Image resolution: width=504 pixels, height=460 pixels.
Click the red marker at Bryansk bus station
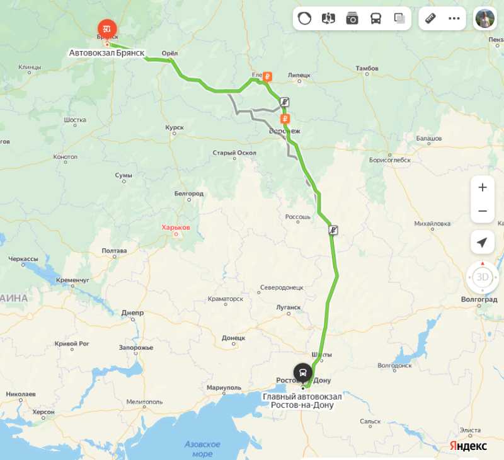click(107, 28)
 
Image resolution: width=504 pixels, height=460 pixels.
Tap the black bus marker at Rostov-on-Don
click(303, 372)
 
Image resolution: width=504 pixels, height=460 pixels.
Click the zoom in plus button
click(483, 187)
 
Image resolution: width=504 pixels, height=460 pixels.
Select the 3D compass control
click(482, 277)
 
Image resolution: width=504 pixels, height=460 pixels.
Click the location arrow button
click(483, 243)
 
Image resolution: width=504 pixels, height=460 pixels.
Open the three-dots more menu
click(454, 18)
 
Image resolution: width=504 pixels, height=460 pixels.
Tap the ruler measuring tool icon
click(431, 18)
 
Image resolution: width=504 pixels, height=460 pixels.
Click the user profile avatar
click(485, 18)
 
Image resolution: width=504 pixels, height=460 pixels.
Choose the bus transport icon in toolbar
click(375, 18)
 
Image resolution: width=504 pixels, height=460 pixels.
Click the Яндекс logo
click(468, 446)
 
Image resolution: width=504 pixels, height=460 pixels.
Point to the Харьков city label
click(176, 227)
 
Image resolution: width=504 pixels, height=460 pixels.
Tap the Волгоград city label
click(479, 299)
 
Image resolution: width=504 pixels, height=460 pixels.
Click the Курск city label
click(175, 128)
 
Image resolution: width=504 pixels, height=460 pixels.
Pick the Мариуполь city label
click(224, 388)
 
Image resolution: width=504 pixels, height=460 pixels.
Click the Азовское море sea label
click(202, 449)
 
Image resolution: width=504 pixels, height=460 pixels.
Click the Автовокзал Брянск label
click(107, 54)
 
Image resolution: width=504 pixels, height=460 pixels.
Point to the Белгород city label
click(189, 193)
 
